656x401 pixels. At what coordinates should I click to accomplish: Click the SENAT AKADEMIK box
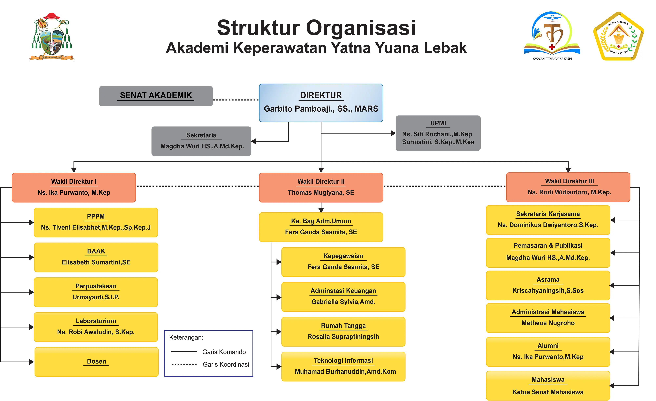156,96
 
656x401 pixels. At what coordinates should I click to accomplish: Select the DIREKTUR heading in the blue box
321,95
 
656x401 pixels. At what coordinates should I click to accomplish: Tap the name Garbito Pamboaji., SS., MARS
321,108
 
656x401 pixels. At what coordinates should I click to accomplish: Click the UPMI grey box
438,133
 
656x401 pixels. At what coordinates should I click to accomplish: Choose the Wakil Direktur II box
321,187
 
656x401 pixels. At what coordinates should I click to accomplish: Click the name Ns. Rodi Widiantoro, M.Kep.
569,192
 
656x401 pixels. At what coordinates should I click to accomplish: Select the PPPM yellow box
96,222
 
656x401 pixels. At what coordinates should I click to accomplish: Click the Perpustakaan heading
96,286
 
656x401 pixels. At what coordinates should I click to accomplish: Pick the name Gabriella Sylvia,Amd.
343,302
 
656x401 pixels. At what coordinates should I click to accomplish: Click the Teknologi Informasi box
343,366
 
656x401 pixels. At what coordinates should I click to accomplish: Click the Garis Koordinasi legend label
226,364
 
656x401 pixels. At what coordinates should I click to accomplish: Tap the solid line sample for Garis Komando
184,352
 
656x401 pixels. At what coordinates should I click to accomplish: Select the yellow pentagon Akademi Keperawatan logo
618,36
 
